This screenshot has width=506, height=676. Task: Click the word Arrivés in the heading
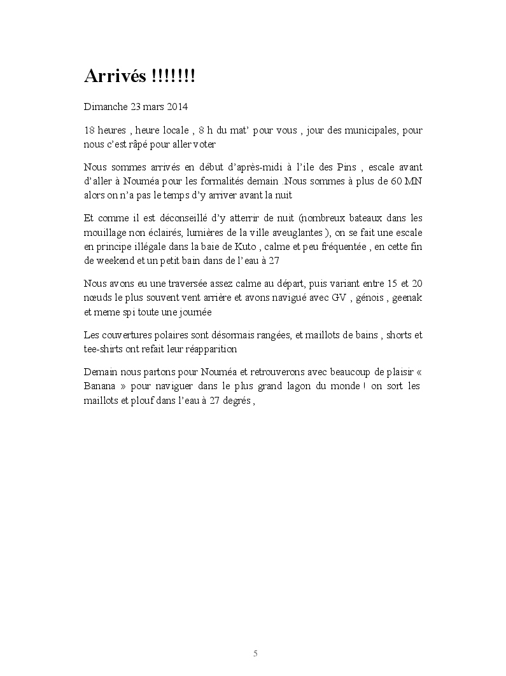pyautogui.click(x=116, y=78)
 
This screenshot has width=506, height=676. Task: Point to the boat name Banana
pyautogui.click(x=99, y=387)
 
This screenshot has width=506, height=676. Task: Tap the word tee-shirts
pyautogui.click(x=102, y=349)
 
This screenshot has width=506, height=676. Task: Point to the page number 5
pyautogui.click(x=255, y=654)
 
